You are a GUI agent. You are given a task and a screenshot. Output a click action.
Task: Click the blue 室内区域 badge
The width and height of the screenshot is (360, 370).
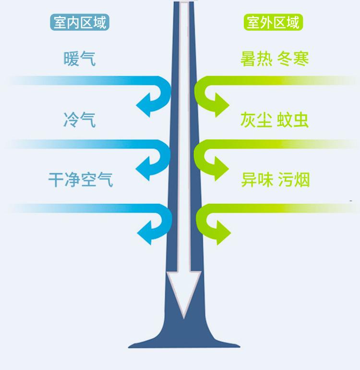point(80,23)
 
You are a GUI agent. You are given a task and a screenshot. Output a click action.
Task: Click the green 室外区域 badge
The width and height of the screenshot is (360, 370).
point(274,23)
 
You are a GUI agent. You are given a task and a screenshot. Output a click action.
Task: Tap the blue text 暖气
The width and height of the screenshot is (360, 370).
point(79,59)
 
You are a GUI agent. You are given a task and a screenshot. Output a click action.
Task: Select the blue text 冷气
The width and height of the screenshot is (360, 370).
point(79,120)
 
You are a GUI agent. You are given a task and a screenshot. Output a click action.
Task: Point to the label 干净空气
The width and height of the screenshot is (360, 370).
point(80,180)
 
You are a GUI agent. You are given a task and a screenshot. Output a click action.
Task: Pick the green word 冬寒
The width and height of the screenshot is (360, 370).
point(293,59)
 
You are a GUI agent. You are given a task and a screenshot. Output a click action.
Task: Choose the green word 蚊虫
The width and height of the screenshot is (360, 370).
point(293,120)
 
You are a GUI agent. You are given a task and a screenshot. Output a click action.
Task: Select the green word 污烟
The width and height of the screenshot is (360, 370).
point(293,180)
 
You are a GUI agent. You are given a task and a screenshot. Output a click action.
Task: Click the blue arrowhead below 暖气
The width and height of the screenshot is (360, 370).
point(144,104)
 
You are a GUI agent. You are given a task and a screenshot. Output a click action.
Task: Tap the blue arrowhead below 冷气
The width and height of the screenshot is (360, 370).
point(144,168)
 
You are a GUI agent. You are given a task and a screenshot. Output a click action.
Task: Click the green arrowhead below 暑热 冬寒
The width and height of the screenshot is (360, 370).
point(221,104)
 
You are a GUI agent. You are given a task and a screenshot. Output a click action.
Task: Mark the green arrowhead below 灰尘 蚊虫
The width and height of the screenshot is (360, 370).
point(221,168)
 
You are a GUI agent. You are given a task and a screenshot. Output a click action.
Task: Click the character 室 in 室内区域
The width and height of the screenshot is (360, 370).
point(60,23)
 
